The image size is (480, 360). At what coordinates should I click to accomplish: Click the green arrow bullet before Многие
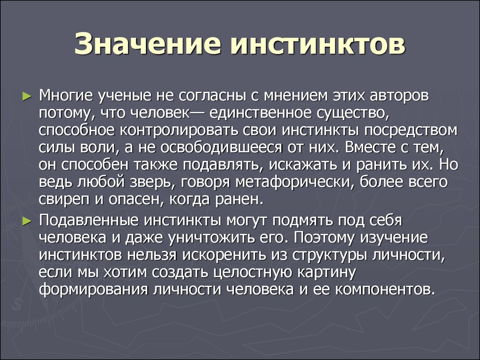[27, 97]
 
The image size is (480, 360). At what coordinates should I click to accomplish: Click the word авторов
[399, 96]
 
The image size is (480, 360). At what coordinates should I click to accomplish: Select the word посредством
[411, 131]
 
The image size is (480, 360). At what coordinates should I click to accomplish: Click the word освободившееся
[221, 148]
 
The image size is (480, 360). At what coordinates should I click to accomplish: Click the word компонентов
[385, 290]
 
